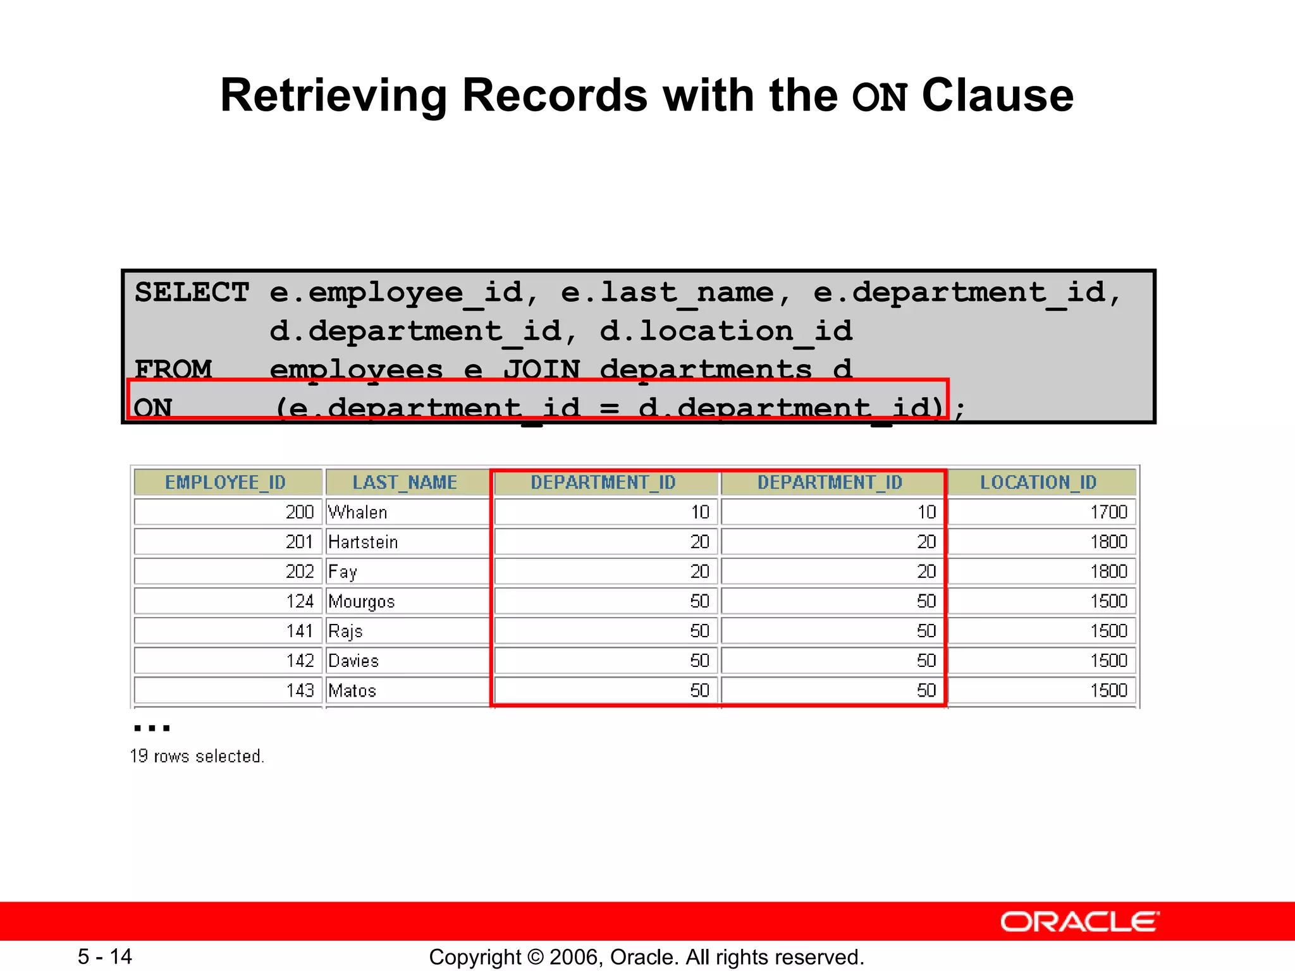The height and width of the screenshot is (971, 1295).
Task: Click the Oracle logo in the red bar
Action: click(1079, 922)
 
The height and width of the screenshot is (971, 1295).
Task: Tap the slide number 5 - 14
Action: click(105, 956)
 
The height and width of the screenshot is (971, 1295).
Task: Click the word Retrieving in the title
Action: click(333, 95)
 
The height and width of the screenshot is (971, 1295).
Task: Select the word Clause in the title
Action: click(997, 95)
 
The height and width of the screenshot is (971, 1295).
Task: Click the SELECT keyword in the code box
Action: click(192, 293)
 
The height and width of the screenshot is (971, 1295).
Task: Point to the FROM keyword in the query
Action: click(173, 369)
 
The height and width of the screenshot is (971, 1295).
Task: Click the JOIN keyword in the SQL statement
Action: click(541, 369)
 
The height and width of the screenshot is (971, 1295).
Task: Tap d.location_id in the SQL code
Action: click(726, 331)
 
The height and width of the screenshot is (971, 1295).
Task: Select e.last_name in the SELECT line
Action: click(667, 293)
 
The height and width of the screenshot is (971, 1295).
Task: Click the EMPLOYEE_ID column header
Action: click(226, 482)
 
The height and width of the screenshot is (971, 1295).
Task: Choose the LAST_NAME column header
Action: click(405, 482)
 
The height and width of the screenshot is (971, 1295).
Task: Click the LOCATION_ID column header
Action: click(1038, 482)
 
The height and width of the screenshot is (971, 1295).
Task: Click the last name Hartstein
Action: click(363, 542)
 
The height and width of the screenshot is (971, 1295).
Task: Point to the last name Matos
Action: click(352, 690)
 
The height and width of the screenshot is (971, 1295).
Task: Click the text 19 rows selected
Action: click(197, 756)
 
